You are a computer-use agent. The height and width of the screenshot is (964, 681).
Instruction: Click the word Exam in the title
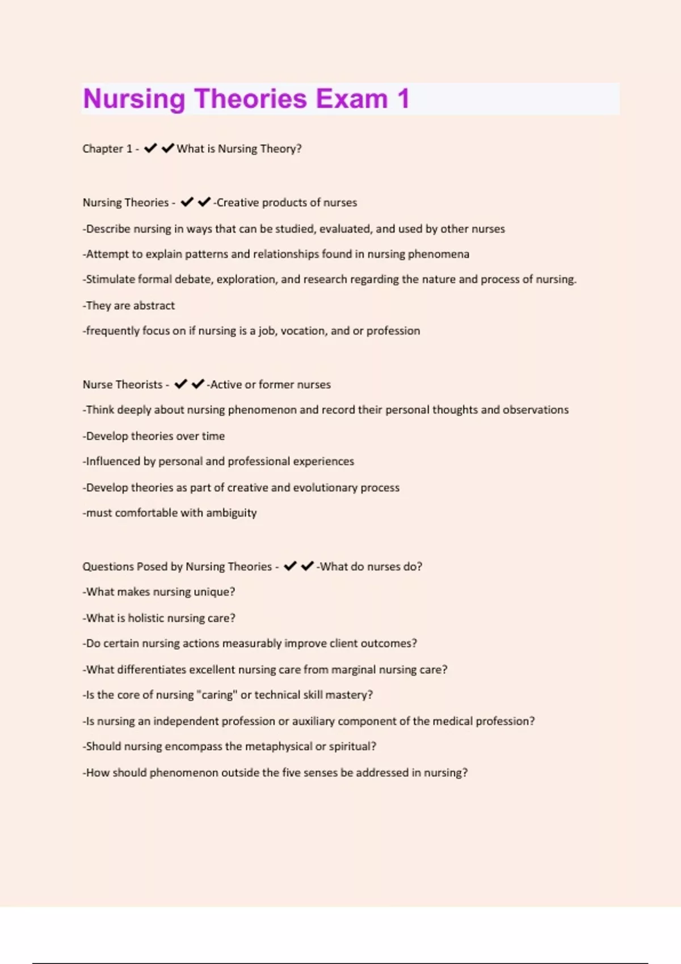point(351,99)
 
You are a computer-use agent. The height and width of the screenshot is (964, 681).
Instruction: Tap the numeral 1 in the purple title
point(403,99)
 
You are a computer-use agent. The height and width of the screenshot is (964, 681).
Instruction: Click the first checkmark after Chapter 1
point(150,149)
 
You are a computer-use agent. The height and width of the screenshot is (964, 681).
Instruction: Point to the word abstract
point(154,306)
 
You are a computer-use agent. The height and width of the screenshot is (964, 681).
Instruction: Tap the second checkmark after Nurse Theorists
point(198,384)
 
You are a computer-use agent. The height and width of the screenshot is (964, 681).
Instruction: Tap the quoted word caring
point(217,695)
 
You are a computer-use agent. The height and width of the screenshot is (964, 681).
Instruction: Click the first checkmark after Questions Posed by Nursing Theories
point(290,566)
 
